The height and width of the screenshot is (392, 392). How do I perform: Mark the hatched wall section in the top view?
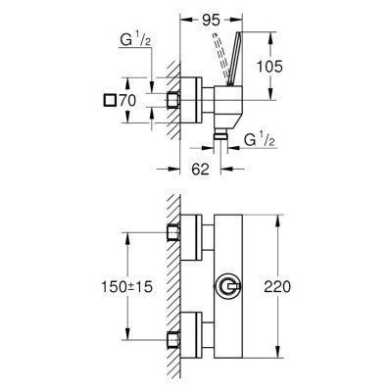point(168,100)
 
